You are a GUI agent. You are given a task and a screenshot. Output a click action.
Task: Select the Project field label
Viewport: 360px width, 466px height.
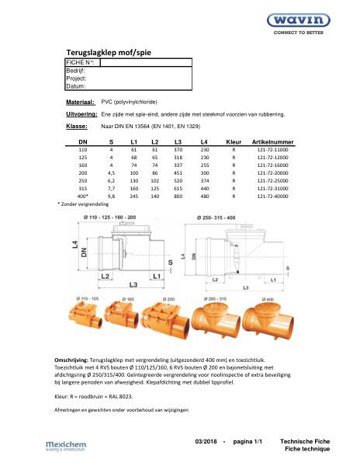pos(77,78)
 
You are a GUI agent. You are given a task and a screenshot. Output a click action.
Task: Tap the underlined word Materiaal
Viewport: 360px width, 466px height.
pos(81,102)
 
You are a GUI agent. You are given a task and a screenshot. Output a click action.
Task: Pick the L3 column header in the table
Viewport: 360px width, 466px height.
pos(178,143)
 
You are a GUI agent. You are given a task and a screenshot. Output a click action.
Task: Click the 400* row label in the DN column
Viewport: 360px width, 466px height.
pos(83,197)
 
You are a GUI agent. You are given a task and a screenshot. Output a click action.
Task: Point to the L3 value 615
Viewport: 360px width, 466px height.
pos(178,189)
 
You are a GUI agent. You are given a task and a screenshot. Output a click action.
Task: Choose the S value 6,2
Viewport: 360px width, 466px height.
pos(112,181)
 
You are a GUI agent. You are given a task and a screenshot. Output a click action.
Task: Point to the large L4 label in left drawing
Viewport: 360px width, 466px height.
pos(74,249)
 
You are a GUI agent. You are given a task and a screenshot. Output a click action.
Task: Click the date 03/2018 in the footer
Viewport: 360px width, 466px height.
pos(209,441)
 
